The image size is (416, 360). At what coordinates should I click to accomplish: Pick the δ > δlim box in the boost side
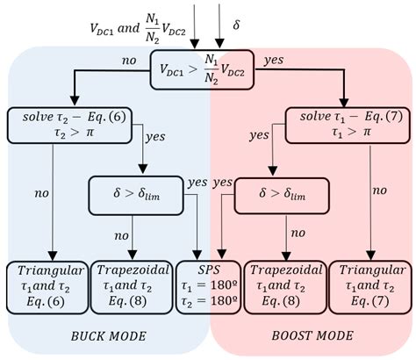pyautogui.click(x=281, y=193)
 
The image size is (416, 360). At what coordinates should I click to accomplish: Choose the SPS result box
pyautogui.click(x=207, y=285)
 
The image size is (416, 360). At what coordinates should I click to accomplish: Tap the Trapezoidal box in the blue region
pyautogui.click(x=132, y=285)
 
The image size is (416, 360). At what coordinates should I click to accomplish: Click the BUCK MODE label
pyautogui.click(x=108, y=336)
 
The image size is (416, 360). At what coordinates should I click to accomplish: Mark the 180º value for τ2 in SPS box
pyautogui.click(x=216, y=299)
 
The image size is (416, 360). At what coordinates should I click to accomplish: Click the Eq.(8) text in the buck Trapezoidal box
pyautogui.click(x=132, y=299)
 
